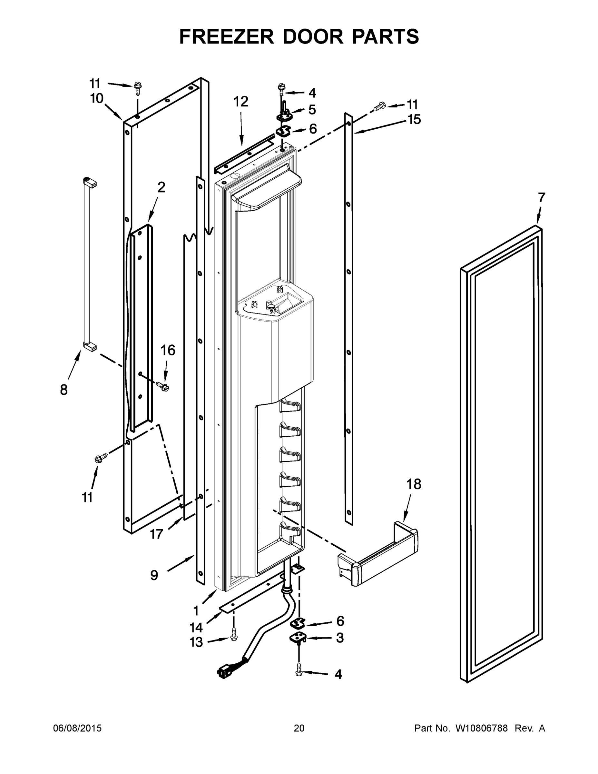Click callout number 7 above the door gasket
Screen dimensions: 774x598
tap(541, 198)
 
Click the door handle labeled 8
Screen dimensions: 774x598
tap(87, 264)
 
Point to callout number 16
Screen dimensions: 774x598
tap(168, 350)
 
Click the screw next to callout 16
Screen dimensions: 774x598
tap(162, 386)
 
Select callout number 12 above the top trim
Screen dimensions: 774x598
tap(240, 102)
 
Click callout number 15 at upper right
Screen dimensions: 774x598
tap(413, 119)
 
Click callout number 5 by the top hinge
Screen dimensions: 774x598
tap(312, 110)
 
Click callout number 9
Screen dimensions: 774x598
tap(154, 575)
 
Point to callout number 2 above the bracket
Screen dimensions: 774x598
tap(161, 187)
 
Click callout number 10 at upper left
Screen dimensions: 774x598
tap(96, 98)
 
